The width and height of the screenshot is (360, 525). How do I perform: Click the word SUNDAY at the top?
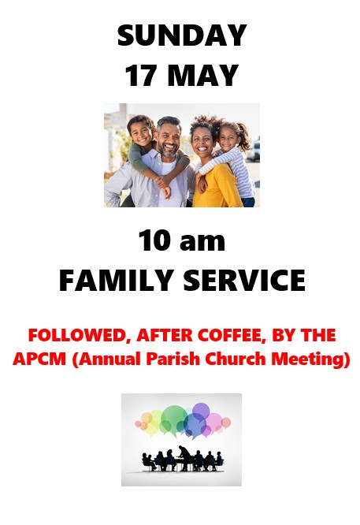click(182, 35)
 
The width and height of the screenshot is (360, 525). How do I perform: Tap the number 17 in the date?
click(141, 76)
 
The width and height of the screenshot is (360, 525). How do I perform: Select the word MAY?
click(202, 76)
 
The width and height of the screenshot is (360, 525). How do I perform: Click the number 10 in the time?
click(155, 240)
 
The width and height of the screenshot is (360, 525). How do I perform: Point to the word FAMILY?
click(116, 281)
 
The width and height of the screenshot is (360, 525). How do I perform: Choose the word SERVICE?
click(244, 281)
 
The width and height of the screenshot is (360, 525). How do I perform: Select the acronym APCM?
click(39, 359)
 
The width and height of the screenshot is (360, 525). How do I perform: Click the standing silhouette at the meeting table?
click(184, 457)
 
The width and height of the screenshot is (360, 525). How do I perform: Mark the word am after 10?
click(202, 243)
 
